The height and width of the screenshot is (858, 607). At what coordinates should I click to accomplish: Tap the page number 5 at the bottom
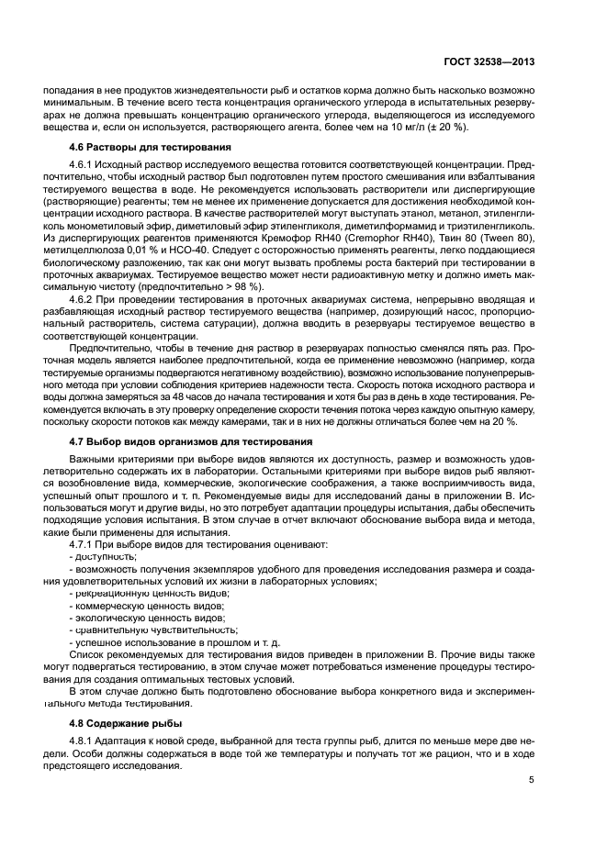[x=531, y=780]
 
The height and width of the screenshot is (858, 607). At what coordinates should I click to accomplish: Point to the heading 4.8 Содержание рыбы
[x=126, y=723]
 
